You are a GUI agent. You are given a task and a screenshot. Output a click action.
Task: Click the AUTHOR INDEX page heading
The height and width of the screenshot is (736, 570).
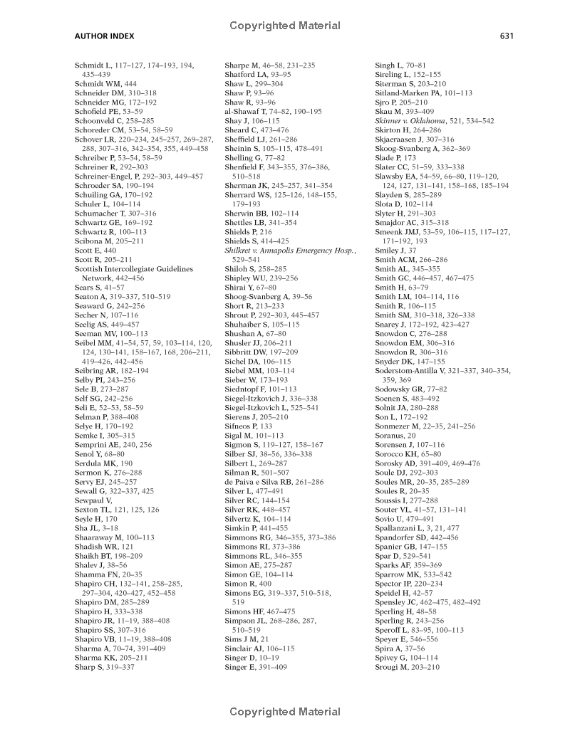coord(104,36)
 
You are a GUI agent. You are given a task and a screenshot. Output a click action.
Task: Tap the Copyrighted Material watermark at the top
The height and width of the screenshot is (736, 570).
coord(285,26)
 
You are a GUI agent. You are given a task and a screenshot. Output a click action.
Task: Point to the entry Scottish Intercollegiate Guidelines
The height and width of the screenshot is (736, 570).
coord(133,269)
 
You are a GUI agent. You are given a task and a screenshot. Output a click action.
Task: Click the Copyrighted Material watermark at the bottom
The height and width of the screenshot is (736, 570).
coord(285,711)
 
